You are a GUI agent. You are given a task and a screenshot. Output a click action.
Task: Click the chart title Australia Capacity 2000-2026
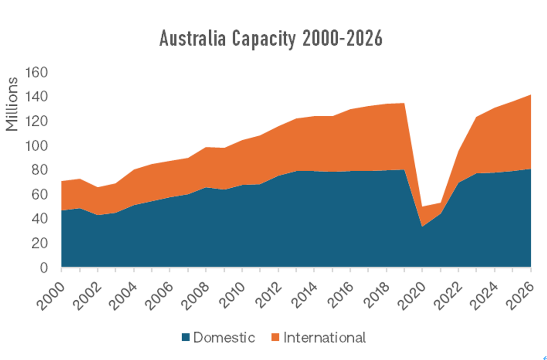tap(271, 39)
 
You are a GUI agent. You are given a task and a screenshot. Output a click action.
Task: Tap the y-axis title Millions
tap(13, 104)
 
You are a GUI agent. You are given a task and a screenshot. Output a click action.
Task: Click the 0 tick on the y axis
tap(45, 267)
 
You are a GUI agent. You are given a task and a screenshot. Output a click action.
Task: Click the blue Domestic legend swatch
tap(186, 338)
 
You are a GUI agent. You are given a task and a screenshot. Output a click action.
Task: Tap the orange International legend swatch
tap(275, 338)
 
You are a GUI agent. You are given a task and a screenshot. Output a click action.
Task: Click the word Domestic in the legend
tap(224, 338)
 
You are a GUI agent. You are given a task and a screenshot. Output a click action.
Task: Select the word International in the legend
tap(325, 338)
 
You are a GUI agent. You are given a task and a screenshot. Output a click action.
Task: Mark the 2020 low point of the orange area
tap(423, 207)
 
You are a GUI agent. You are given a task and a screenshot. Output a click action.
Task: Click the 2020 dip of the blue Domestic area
tap(423, 226)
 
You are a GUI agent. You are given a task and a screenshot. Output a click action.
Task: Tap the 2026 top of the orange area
tap(531, 95)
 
